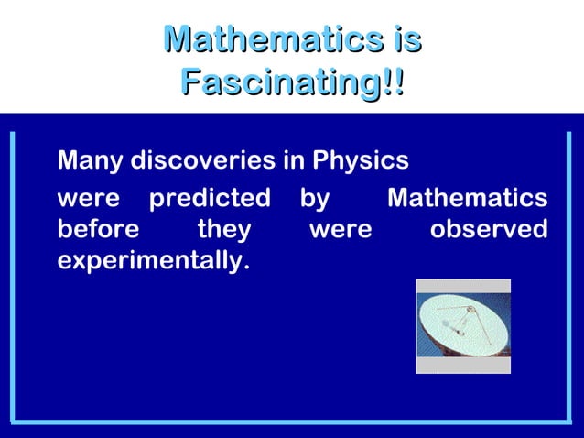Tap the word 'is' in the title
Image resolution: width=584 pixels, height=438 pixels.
pos(403,40)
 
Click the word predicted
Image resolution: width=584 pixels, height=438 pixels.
pos(210,198)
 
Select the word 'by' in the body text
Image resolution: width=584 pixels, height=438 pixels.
pos(315,199)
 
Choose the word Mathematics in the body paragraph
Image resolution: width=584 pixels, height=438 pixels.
pos(468,198)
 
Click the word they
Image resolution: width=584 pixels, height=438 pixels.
pos(223,229)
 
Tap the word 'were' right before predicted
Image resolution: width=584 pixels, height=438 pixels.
pos(88,199)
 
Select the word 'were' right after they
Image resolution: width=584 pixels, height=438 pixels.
pos(341,229)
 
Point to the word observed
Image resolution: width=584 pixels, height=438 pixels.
pos(489,228)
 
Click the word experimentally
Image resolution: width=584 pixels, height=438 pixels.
pos(153,260)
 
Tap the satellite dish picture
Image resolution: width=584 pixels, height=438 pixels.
pos(463,325)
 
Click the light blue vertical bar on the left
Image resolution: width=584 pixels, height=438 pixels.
pos(13,275)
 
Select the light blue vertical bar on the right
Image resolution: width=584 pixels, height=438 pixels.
pos(568,275)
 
